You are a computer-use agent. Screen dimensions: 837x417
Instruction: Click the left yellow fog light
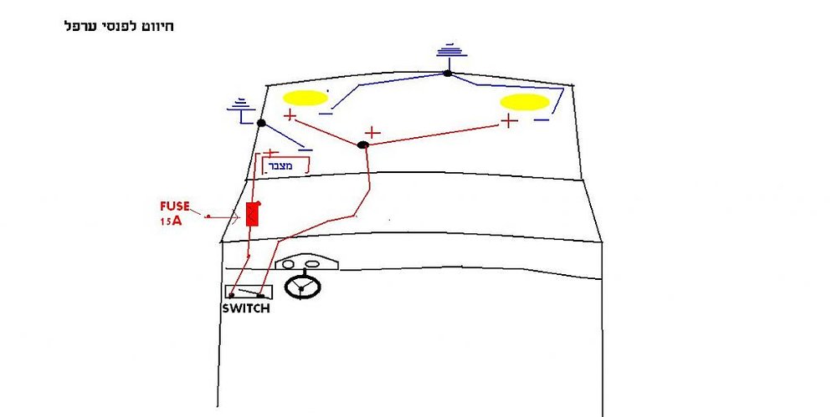pyautogui.click(x=305, y=98)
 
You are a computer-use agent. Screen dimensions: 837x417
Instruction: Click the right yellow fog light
pyautogui.click(x=525, y=102)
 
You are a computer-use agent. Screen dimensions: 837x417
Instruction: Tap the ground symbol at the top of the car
pyautogui.click(x=452, y=51)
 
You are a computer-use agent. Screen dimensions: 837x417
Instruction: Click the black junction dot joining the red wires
pyautogui.click(x=363, y=145)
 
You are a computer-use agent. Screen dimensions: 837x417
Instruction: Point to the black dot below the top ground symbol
pyautogui.click(x=447, y=73)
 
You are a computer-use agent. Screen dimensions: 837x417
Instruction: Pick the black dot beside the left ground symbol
pyautogui.click(x=261, y=123)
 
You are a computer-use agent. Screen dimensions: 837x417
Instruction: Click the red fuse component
pyautogui.click(x=253, y=215)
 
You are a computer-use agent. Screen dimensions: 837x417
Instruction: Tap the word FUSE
pyautogui.click(x=175, y=206)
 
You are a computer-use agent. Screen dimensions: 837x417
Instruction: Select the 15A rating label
pyautogui.click(x=171, y=221)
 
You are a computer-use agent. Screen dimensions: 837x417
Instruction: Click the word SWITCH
pyautogui.click(x=246, y=308)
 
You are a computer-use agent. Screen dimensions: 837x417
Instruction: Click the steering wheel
pyautogui.click(x=302, y=287)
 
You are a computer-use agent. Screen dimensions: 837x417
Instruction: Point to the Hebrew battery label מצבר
pyautogui.click(x=280, y=166)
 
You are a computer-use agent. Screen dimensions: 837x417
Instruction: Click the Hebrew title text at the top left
pyautogui.click(x=119, y=26)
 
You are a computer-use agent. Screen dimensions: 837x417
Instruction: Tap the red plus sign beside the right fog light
pyautogui.click(x=509, y=121)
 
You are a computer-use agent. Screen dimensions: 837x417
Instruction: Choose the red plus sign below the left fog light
pyautogui.click(x=290, y=114)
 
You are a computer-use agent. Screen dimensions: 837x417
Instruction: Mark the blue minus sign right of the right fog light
pyautogui.click(x=542, y=120)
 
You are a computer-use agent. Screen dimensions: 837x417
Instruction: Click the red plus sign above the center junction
pyautogui.click(x=372, y=133)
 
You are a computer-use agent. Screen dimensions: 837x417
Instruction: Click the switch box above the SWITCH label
pyautogui.click(x=249, y=292)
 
